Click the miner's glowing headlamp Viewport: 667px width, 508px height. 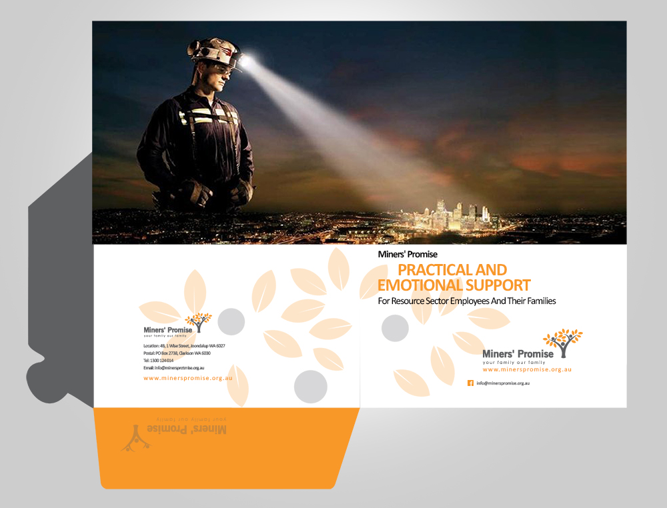click(244, 61)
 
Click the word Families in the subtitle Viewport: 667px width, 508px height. click(537, 301)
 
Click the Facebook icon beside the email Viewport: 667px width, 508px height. click(470, 383)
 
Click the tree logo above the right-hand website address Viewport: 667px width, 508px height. click(563, 341)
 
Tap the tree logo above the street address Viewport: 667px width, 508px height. click(199, 322)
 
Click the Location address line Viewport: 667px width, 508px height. click(184, 346)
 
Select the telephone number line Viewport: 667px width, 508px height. click(158, 361)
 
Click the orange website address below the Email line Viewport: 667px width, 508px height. click(187, 378)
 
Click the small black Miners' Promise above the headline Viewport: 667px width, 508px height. click(408, 254)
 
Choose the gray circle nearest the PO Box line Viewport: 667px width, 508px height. click(231, 321)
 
